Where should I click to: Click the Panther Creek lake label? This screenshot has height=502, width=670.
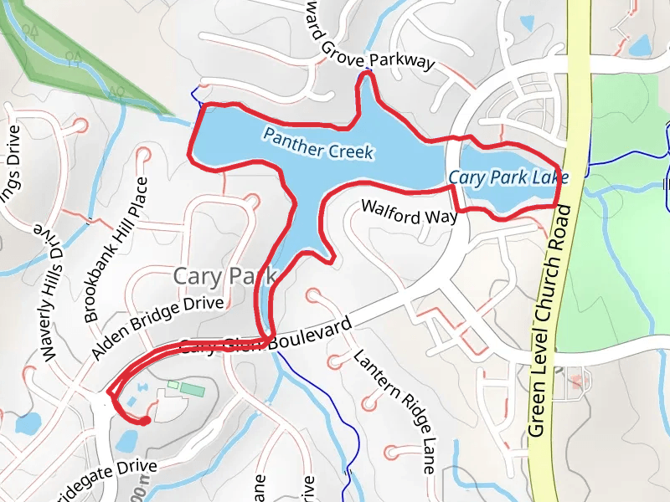click(x=317, y=143)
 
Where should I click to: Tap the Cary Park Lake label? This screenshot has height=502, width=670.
click(x=508, y=177)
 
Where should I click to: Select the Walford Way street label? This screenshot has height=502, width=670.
click(x=409, y=212)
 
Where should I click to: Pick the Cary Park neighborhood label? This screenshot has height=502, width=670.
click(x=223, y=276)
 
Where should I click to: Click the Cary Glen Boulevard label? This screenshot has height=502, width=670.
click(x=264, y=339)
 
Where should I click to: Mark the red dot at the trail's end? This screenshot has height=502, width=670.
click(x=145, y=421)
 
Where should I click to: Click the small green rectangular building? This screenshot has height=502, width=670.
click(x=192, y=390)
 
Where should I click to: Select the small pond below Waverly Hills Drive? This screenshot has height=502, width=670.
click(x=27, y=423)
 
